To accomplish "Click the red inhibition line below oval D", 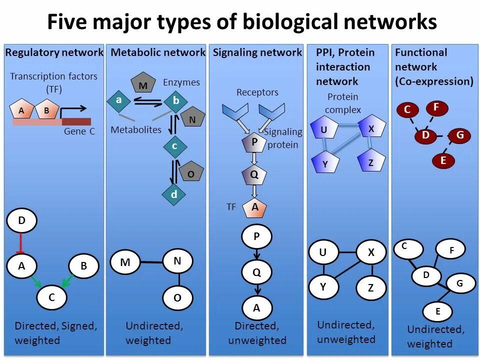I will [x=21, y=244].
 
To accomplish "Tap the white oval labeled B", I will [x=83, y=266].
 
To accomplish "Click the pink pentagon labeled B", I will [x=46, y=110].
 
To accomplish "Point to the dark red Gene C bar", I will [x=76, y=121].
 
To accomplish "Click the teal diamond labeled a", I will [x=119, y=100].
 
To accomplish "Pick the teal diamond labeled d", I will [x=174, y=194].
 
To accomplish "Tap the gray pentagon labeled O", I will [x=190, y=173].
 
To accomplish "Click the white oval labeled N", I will [x=177, y=260].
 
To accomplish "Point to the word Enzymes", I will [x=181, y=82].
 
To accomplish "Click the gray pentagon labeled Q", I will [x=254, y=175].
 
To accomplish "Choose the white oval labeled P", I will [x=256, y=237].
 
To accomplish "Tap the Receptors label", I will [x=257, y=92].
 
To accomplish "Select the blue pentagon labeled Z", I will [x=371, y=161].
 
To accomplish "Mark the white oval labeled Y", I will [x=323, y=286].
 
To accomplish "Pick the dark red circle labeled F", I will [x=436, y=107].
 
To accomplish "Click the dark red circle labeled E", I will [x=443, y=160].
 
